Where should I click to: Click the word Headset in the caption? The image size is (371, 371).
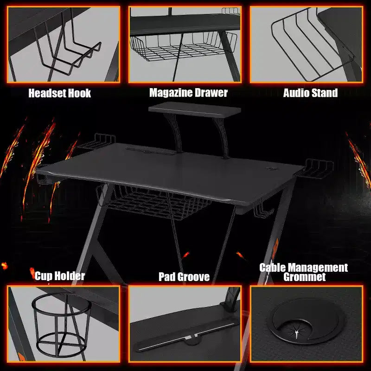pos(46,93)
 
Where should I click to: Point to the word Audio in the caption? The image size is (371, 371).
pos(296,93)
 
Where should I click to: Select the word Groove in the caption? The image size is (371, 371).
pos(193,277)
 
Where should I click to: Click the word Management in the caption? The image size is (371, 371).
pos(317,268)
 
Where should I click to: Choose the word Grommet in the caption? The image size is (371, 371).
pos(305,277)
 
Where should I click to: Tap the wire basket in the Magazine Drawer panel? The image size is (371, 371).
pos(183,47)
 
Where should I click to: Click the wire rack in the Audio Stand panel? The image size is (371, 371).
pos(312,45)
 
